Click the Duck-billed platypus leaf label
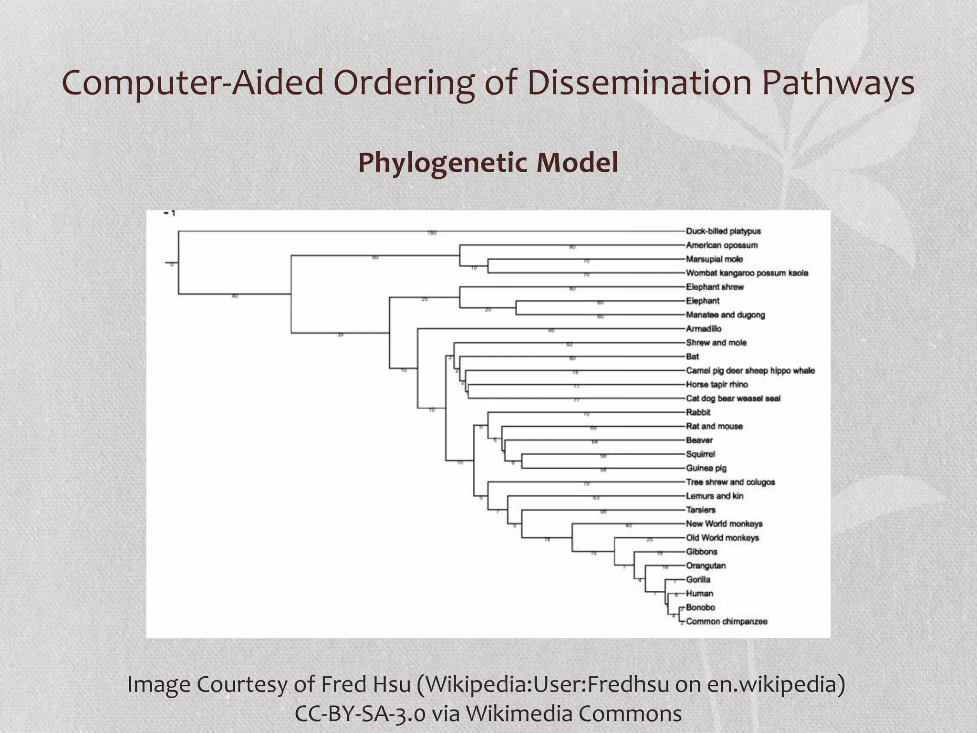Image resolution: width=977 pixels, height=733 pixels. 723,231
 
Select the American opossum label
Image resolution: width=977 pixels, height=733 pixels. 722,245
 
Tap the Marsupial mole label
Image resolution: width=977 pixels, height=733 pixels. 714,259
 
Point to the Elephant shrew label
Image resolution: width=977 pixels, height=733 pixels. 715,287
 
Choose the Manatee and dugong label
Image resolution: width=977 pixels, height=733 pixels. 725,315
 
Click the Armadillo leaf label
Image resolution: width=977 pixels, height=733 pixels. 704,329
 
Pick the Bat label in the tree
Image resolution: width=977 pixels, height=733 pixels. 692,356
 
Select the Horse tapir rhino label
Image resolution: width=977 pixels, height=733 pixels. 717,385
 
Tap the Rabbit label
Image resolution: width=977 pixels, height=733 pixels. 698,412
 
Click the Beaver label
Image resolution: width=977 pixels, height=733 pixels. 699,440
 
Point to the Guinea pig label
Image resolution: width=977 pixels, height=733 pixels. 706,468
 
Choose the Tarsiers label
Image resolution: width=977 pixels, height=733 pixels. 700,510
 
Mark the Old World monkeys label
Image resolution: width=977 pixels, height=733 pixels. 722,538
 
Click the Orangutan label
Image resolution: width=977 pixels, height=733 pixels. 706,565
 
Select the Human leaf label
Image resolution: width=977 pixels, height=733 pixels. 699,594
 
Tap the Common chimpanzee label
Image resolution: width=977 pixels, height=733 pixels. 727,621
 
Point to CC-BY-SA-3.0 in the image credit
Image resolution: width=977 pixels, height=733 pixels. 360,714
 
